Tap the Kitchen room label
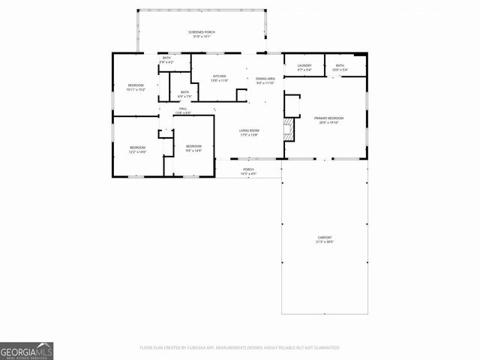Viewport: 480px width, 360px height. (219, 76)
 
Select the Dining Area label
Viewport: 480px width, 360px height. (265, 79)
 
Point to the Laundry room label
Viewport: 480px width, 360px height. (304, 66)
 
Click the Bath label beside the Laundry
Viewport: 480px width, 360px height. (340, 66)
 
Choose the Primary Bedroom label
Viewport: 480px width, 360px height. (328, 118)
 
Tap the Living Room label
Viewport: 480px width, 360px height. (249, 131)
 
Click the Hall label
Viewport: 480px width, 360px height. (183, 109)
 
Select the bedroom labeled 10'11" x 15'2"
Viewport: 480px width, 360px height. (136, 88)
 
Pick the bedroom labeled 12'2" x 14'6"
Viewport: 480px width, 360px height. (136, 149)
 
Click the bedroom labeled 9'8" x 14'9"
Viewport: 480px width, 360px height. (193, 148)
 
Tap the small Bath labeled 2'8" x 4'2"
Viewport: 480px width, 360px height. (167, 59)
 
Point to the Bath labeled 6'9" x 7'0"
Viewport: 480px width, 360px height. (184, 94)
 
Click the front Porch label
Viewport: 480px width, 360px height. (248, 169)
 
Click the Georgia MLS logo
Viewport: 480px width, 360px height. (26, 351)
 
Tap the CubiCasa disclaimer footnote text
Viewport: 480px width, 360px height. (240, 347)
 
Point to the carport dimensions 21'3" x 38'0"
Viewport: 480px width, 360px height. (325, 242)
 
